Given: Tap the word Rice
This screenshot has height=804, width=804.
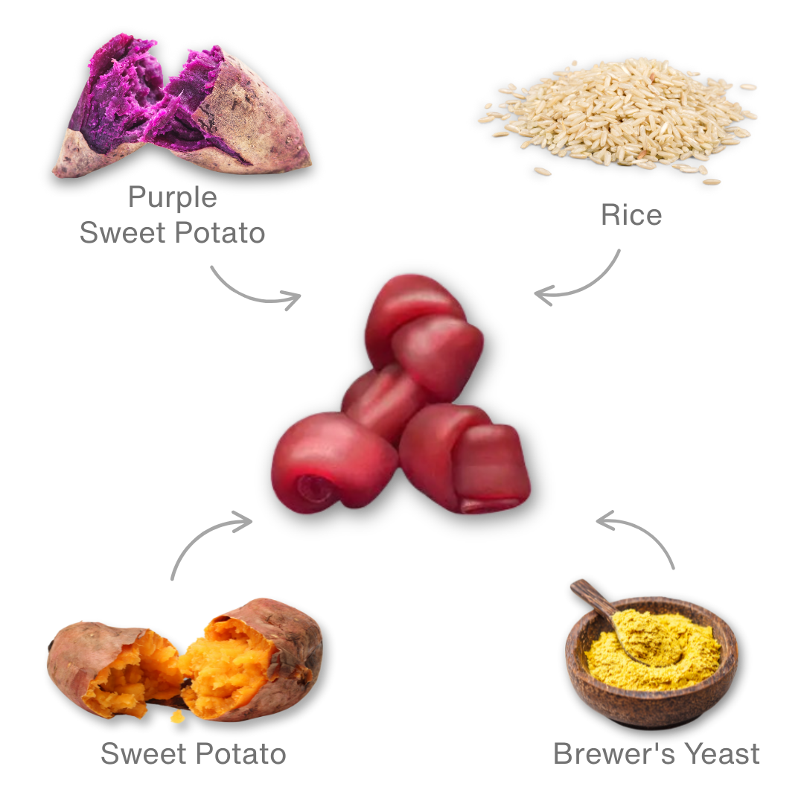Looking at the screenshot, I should (631, 215).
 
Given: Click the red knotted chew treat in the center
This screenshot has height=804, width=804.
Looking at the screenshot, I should (402, 402).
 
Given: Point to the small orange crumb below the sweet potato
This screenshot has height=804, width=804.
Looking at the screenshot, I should (176, 716).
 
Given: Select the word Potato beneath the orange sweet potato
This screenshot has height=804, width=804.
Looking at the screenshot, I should (242, 754).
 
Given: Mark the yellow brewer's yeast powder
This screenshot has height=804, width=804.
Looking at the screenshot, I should (655, 648).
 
